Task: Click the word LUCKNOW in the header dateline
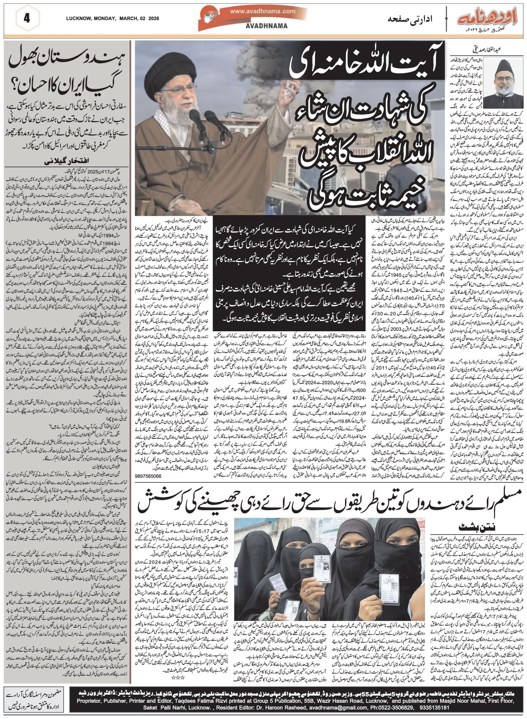[x=78, y=18]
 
